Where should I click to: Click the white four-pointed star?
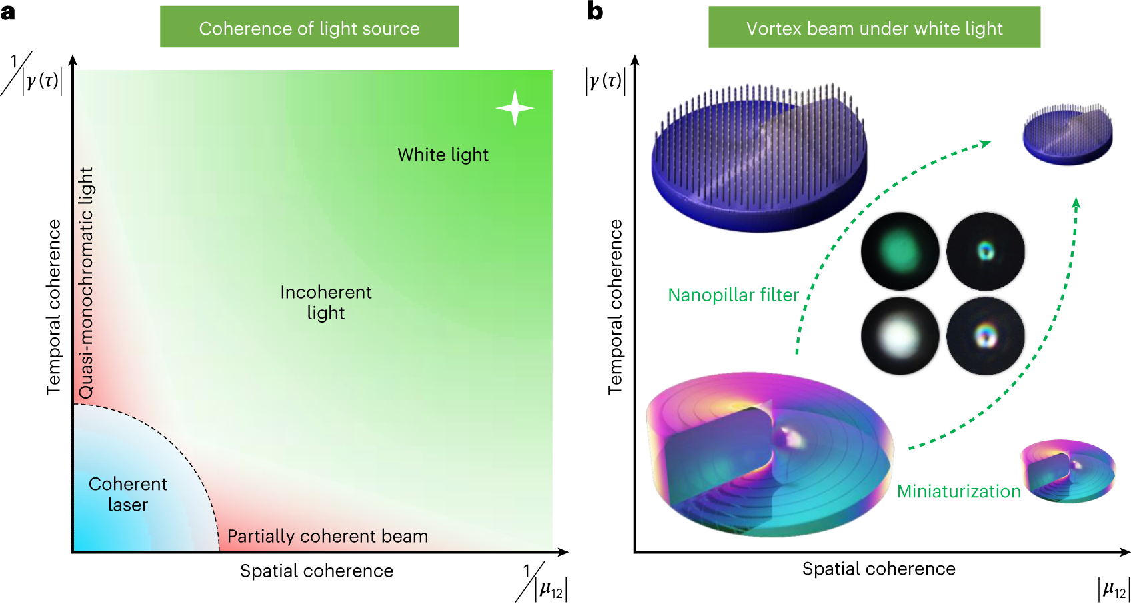[x=515, y=108]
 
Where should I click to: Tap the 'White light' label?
[x=443, y=155]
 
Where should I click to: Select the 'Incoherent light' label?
[x=325, y=302]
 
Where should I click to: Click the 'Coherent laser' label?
[x=127, y=494]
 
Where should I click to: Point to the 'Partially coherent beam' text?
[x=327, y=536]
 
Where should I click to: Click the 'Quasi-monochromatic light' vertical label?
[x=86, y=283]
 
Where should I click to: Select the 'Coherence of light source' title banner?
[x=309, y=28]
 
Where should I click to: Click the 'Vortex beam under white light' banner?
[x=874, y=28]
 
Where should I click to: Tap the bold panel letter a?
[x=8, y=11]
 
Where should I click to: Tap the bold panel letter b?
[x=594, y=11]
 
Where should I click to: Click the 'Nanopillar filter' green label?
[x=733, y=295]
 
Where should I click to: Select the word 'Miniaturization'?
[x=958, y=491]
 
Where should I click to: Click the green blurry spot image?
[x=900, y=251]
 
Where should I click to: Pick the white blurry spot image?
[x=900, y=335]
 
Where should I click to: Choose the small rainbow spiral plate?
[x=1067, y=471]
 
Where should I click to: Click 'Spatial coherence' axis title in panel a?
[x=317, y=571]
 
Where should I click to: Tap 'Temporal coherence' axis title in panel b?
[x=615, y=307]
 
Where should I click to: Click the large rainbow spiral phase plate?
[x=769, y=455]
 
